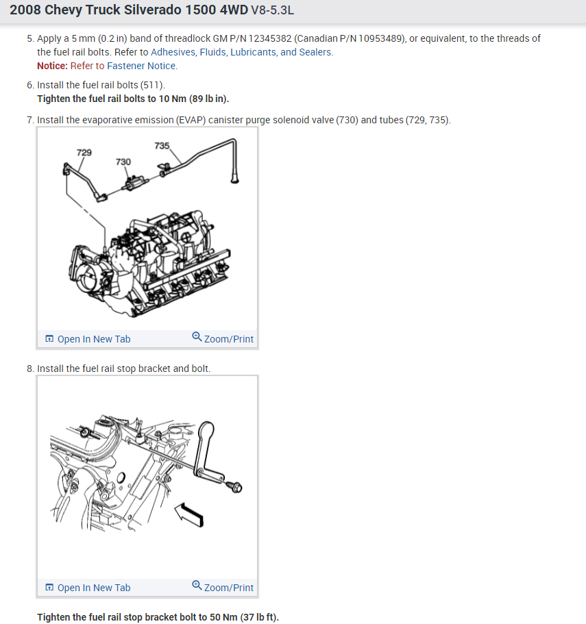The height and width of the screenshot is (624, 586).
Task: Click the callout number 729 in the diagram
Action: click(84, 152)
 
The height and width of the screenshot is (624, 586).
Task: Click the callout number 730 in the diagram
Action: click(123, 162)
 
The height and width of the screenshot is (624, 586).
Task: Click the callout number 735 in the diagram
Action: click(162, 146)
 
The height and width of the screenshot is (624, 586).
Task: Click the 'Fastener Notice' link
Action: click(141, 66)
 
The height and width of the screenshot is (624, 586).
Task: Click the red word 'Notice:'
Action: click(52, 66)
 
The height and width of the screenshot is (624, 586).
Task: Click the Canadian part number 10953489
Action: click(374, 38)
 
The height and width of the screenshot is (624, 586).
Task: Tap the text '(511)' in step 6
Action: click(152, 85)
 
